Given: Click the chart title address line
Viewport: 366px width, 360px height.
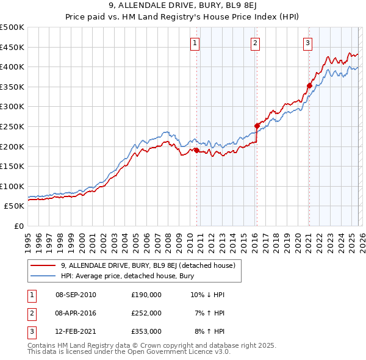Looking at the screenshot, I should click(182, 5).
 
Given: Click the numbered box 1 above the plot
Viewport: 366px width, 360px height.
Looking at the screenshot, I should click(194, 43).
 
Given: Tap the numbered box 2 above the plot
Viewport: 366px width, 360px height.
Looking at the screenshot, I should click(254, 43).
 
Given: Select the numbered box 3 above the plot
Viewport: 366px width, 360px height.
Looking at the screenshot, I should click(308, 43).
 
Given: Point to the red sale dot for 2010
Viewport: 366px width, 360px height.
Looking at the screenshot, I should click(196, 150).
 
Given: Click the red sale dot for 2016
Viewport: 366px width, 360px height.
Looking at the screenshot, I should click(257, 126).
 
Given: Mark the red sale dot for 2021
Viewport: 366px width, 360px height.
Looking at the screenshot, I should click(309, 86).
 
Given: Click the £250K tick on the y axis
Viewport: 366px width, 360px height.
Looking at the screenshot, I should click(12, 126).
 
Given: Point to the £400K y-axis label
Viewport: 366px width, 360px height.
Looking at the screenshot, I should click(12, 67).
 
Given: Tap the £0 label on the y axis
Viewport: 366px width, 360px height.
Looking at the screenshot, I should click(18, 226).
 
